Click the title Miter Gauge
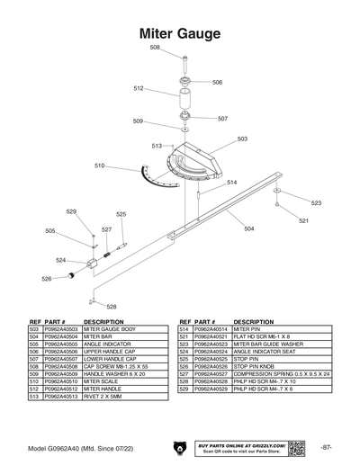point(180,33)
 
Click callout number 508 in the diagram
point(155,47)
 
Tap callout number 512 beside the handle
point(139,88)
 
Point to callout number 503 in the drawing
point(242,139)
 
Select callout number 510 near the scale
point(100,165)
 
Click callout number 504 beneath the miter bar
point(248,228)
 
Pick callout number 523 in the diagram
point(316,203)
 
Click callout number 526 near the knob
point(47,279)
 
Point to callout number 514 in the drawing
point(231,183)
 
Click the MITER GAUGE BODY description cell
point(111,329)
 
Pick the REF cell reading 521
point(184,336)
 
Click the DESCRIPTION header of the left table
point(103,321)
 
